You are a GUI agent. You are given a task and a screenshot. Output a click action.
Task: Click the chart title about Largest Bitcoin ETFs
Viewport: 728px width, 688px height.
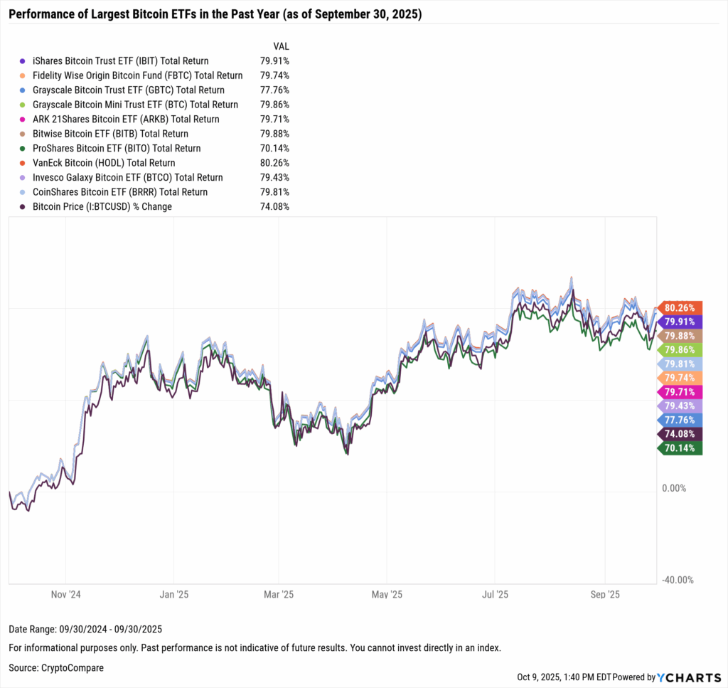click(x=215, y=14)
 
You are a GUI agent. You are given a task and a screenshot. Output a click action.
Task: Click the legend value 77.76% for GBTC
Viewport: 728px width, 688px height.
click(x=274, y=90)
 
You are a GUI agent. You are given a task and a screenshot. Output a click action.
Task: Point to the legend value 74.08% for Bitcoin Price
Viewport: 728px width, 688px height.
click(x=274, y=207)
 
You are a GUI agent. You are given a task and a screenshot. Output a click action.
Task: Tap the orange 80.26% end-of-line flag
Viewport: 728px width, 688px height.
click(x=681, y=308)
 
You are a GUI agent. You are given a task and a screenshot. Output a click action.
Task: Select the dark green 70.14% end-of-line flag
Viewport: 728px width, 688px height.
click(x=681, y=448)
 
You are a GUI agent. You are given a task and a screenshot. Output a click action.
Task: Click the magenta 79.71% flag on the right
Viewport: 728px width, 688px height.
click(x=681, y=391)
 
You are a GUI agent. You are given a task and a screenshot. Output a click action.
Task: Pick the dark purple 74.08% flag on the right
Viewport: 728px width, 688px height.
click(x=681, y=433)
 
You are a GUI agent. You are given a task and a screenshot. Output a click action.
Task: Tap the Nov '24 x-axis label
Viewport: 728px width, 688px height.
click(x=65, y=594)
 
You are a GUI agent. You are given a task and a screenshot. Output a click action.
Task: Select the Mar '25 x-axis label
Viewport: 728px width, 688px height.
click(x=279, y=594)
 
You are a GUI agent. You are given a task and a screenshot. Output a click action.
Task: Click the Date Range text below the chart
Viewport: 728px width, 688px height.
click(x=85, y=629)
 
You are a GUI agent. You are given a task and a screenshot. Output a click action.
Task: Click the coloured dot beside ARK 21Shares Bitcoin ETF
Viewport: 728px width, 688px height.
click(x=23, y=120)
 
